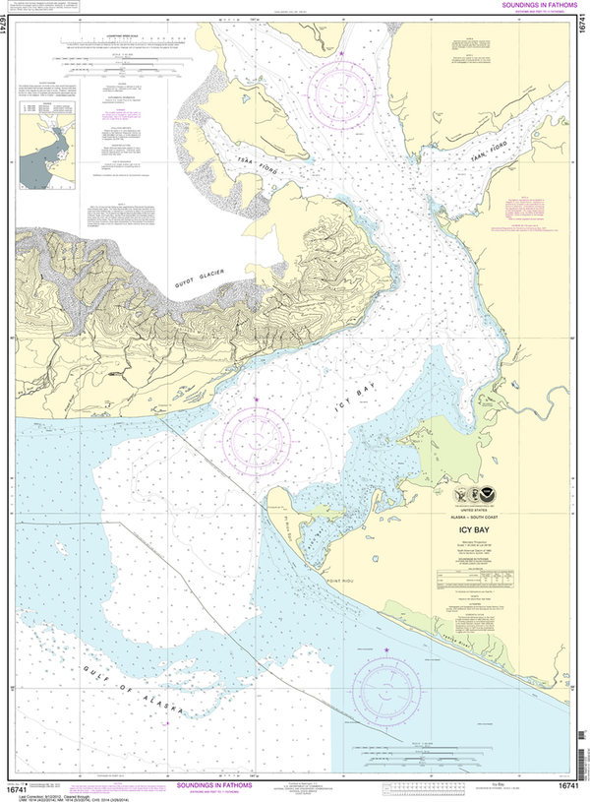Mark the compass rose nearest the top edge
[342, 91]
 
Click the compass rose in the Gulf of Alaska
[386, 686]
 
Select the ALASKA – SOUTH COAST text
[474, 516]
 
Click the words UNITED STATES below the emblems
[474, 509]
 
